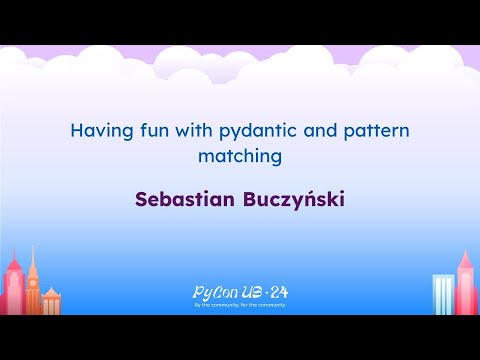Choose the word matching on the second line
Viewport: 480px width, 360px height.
(240, 156)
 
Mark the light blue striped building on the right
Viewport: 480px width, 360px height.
(442, 295)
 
